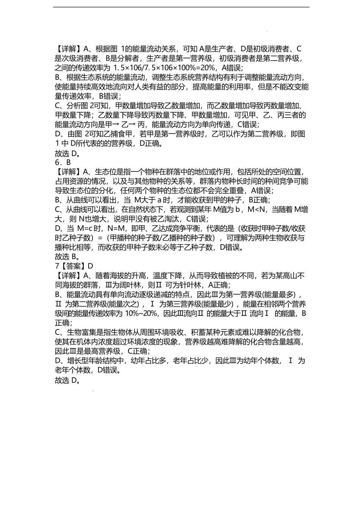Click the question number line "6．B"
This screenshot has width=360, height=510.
point(63,162)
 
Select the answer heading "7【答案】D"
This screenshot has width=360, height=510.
point(74,266)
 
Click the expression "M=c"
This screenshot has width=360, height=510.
point(88,228)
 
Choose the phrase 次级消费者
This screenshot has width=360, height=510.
point(72,58)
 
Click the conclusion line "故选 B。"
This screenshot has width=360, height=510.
point(67,257)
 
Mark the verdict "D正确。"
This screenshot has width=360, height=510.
point(151,143)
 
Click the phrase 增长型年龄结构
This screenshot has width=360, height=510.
point(94,361)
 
